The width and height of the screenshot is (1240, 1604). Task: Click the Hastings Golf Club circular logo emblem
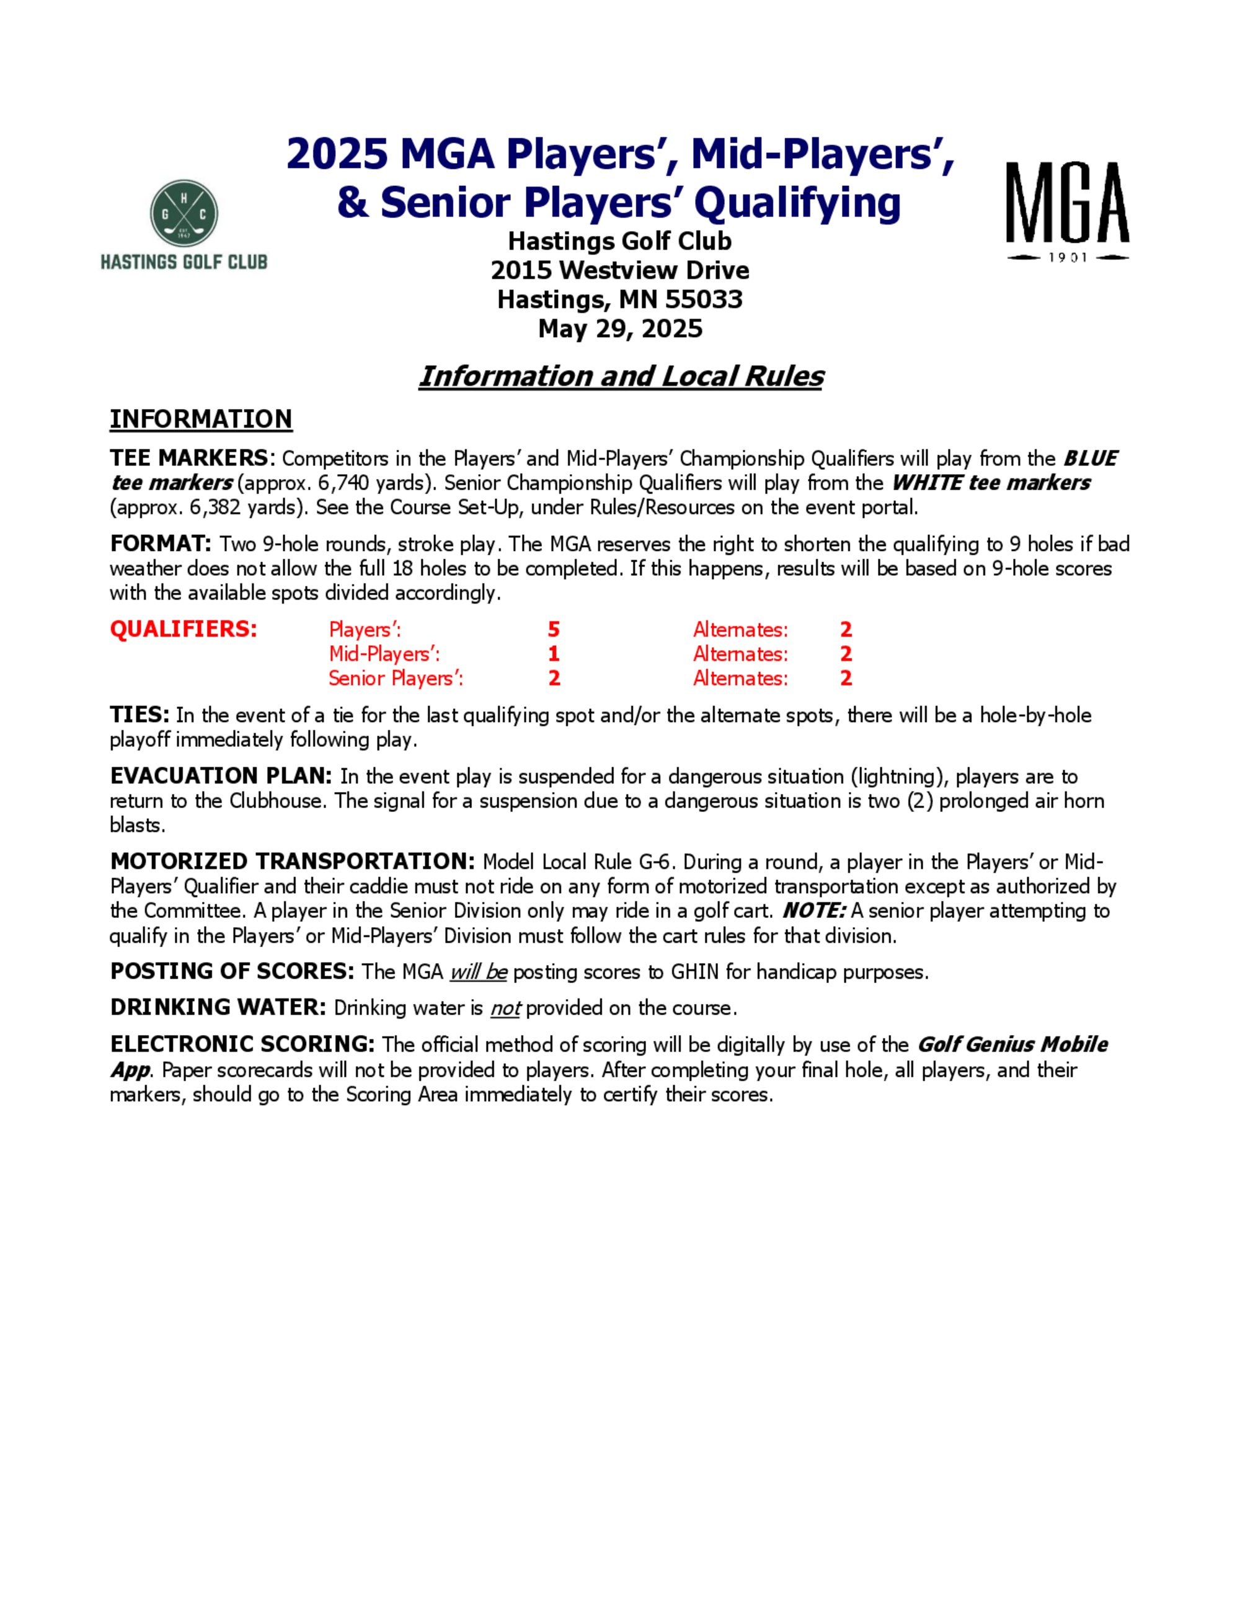coord(184,213)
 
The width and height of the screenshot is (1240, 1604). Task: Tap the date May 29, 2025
coord(620,328)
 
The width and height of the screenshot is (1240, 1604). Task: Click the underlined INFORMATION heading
coord(200,420)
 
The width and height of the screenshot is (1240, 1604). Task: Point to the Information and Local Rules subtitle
coord(621,376)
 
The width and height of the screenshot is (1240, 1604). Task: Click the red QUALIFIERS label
coord(183,630)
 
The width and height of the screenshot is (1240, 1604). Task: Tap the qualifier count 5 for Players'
coord(554,630)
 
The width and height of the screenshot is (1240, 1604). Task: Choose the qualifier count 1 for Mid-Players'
coord(554,654)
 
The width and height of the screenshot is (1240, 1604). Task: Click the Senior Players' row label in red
coord(395,679)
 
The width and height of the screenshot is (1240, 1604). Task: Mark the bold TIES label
coord(139,715)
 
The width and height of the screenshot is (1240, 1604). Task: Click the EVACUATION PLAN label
coord(220,777)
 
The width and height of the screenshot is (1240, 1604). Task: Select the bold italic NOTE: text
coord(813,910)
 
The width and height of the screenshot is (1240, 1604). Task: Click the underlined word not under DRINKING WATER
coord(505,1008)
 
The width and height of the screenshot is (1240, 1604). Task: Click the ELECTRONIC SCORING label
coord(242,1044)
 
